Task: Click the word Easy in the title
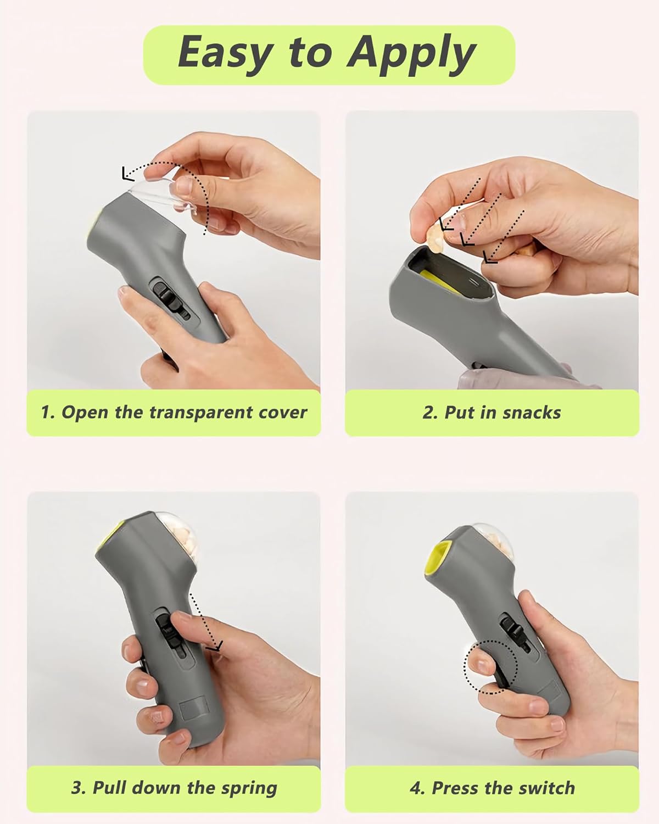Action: click(225, 53)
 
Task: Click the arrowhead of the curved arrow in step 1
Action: click(127, 174)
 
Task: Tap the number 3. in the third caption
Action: click(79, 788)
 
